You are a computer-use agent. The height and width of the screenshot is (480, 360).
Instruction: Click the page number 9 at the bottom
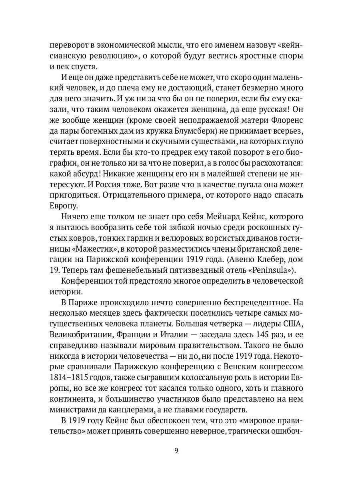(176, 450)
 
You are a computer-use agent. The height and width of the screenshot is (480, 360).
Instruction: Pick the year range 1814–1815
(70, 378)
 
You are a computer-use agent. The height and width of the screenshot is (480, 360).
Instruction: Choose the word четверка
(224, 323)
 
